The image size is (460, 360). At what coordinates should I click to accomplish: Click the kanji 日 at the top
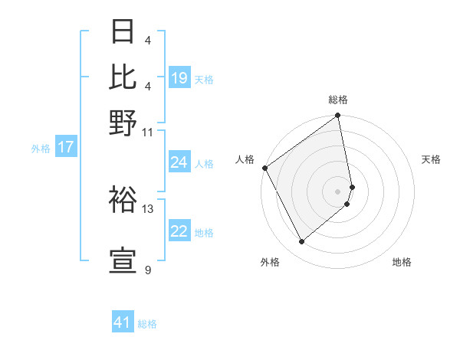(x=124, y=33)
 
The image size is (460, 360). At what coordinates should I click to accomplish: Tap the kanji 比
(x=124, y=77)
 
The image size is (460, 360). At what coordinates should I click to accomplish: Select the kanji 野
(x=124, y=121)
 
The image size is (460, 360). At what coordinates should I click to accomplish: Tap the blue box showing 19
(x=179, y=78)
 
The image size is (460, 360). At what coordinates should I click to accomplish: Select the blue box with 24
(x=179, y=162)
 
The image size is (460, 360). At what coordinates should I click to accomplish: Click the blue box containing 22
(x=179, y=232)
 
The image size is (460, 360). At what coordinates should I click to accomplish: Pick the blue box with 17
(x=66, y=147)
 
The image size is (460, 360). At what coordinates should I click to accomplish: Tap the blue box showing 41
(x=123, y=322)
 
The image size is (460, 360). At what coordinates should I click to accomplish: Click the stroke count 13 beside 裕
(x=148, y=208)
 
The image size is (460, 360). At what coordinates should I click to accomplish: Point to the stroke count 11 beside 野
(x=148, y=132)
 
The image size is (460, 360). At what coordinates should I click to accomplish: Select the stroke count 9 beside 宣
(x=148, y=270)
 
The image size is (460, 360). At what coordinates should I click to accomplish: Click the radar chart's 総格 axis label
(x=338, y=100)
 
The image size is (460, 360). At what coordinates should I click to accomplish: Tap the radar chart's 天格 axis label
(x=431, y=159)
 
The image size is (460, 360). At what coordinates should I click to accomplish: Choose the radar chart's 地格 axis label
(x=402, y=262)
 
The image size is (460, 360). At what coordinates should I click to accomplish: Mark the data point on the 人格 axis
(x=264, y=168)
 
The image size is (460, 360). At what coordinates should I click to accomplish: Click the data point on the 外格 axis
(x=301, y=242)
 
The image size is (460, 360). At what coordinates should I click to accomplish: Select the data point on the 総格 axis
(x=338, y=116)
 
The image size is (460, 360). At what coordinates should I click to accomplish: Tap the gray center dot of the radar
(x=338, y=191)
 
